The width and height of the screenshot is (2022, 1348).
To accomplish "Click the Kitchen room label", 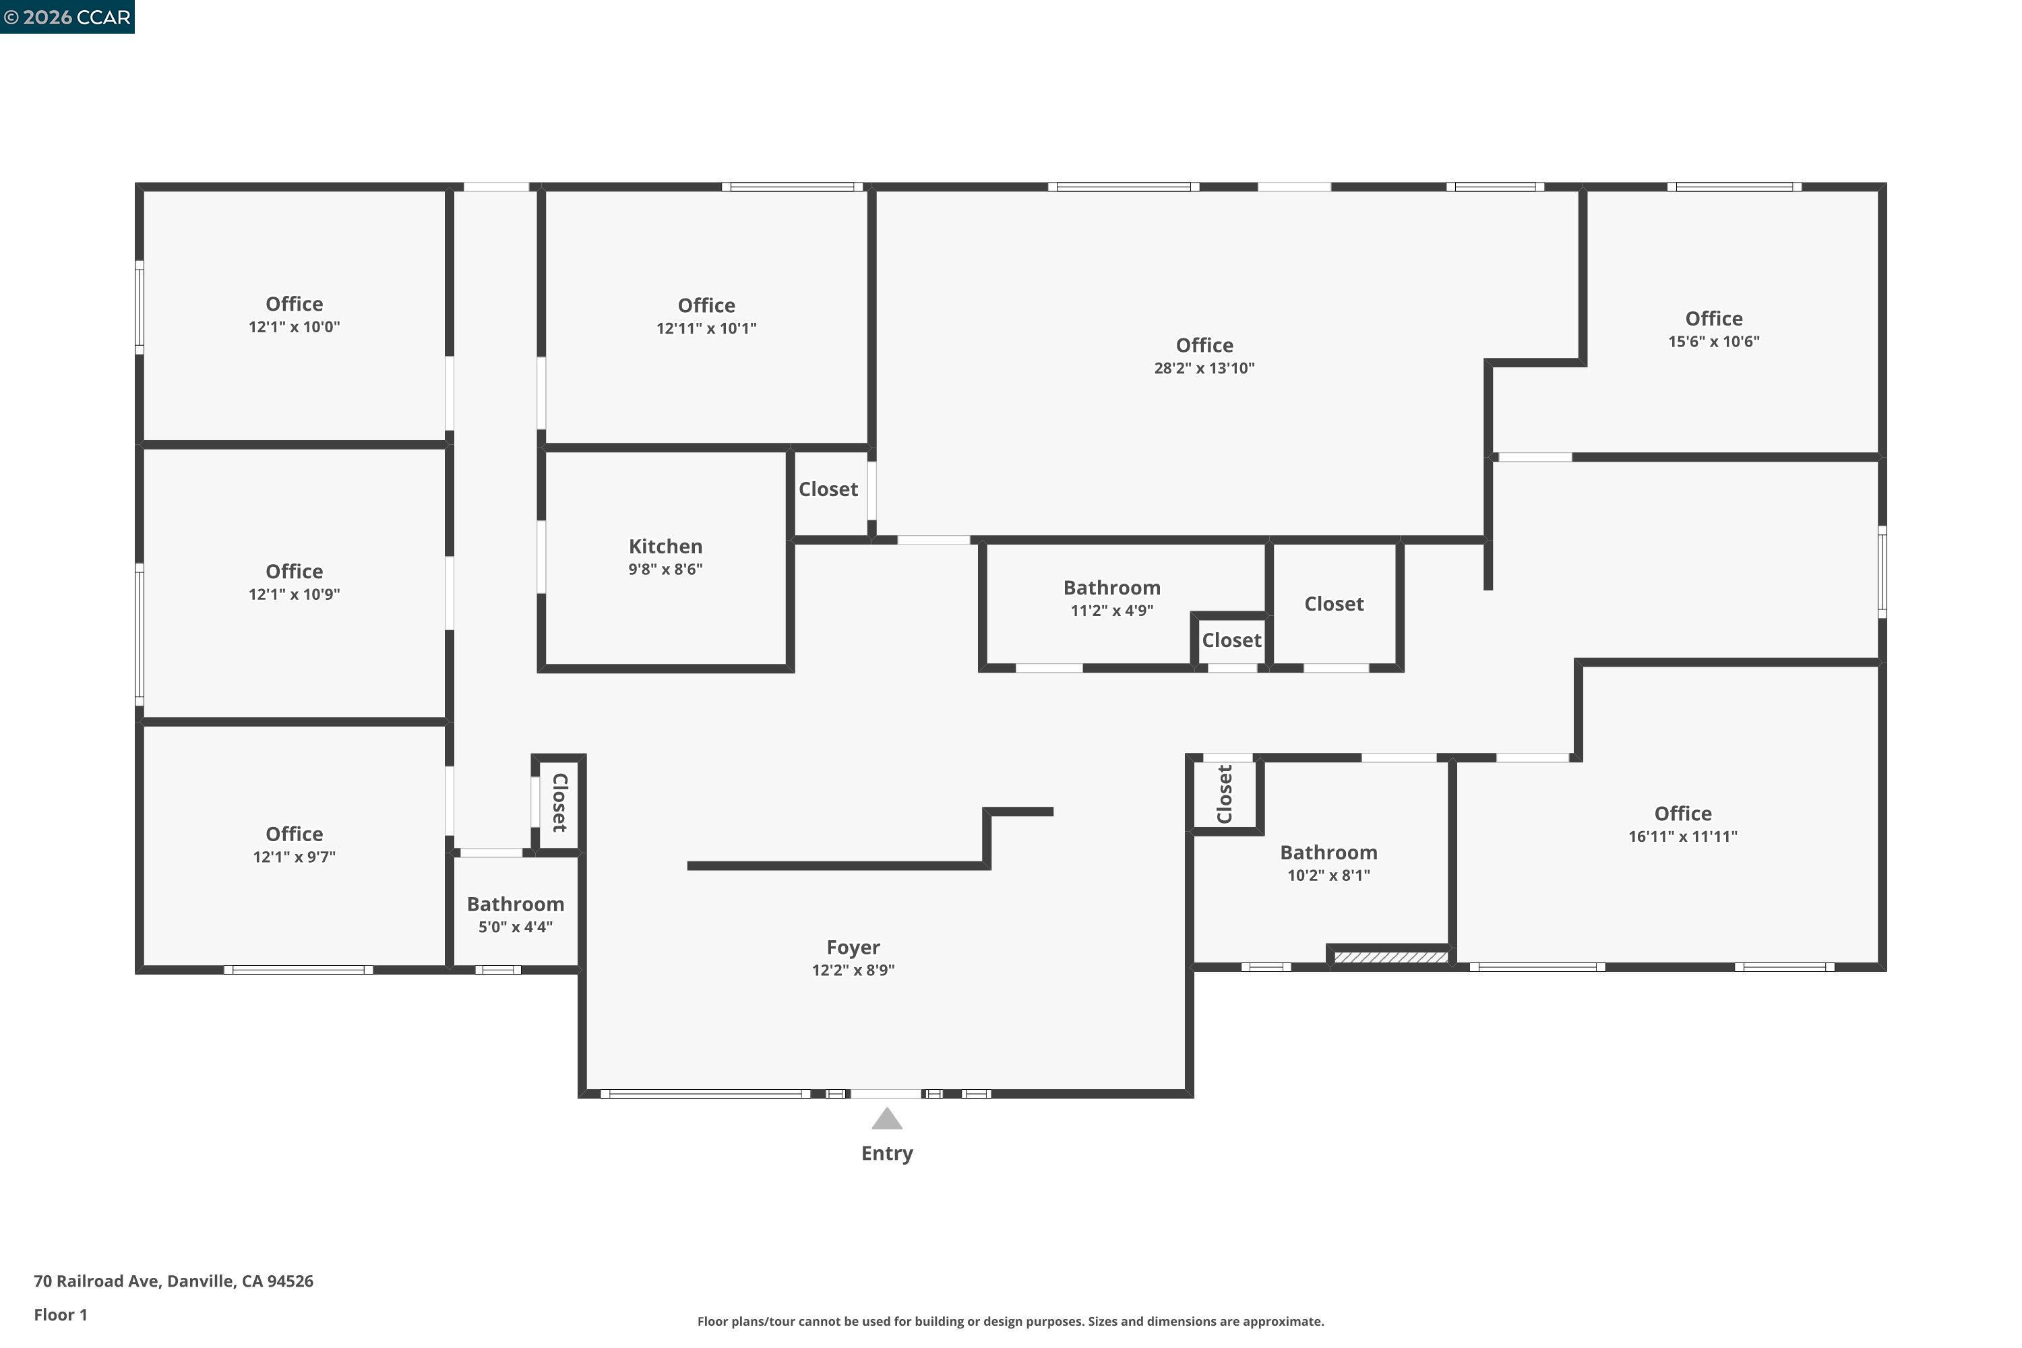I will pyautogui.click(x=665, y=547).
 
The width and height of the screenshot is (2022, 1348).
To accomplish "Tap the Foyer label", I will pyautogui.click(x=853, y=948).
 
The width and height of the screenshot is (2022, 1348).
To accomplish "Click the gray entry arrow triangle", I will pyautogui.click(x=886, y=1120).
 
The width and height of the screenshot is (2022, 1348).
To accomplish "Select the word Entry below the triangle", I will pyautogui.click(x=886, y=1154).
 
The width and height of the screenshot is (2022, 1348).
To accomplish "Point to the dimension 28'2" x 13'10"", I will pyautogui.click(x=1204, y=369).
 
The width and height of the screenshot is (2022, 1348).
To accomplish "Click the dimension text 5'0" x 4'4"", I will pyautogui.click(x=515, y=927).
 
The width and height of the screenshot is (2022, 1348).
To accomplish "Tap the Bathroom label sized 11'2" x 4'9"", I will pyautogui.click(x=1111, y=588).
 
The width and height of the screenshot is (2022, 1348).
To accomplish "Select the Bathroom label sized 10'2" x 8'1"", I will pyautogui.click(x=1328, y=853).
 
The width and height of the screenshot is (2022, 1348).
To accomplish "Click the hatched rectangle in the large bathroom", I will pyautogui.click(x=1390, y=958).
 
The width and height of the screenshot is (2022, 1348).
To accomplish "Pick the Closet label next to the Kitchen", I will pyautogui.click(x=828, y=489).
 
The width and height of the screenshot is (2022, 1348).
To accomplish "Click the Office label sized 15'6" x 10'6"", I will pyautogui.click(x=1713, y=319).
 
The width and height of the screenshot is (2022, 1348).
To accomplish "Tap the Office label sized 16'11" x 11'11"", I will pyautogui.click(x=1682, y=814).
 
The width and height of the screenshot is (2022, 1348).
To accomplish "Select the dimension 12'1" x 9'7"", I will pyautogui.click(x=294, y=857).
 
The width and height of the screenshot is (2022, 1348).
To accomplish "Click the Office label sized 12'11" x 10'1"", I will pyautogui.click(x=706, y=306).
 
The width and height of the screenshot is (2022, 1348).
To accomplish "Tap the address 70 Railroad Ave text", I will pyautogui.click(x=173, y=1281).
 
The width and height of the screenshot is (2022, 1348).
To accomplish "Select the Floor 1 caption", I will pyautogui.click(x=60, y=1314).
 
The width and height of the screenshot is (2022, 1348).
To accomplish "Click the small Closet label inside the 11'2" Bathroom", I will pyautogui.click(x=1231, y=640).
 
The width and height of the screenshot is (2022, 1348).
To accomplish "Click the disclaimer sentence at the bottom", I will pyautogui.click(x=1010, y=1321).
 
